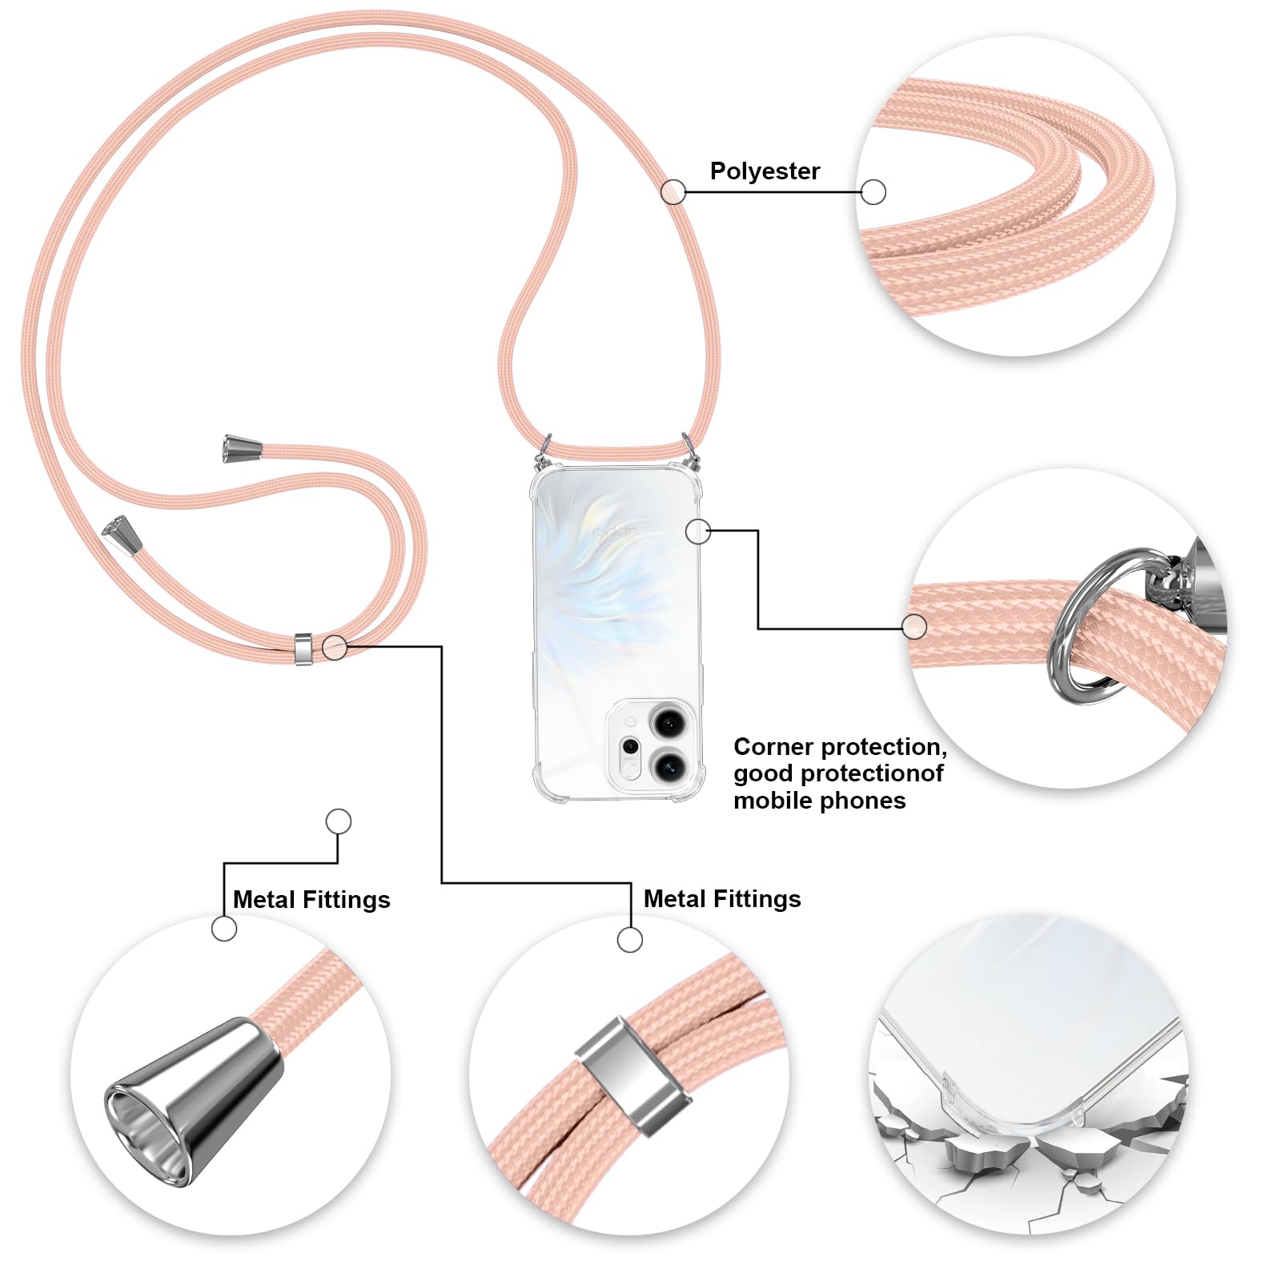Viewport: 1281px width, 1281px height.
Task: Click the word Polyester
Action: [765, 171]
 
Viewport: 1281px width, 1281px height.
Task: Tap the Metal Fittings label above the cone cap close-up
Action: [311, 900]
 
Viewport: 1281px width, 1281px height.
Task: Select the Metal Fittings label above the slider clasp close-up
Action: [722, 899]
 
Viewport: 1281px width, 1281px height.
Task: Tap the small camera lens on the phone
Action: [631, 747]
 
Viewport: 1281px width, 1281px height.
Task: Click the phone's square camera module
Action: [651, 744]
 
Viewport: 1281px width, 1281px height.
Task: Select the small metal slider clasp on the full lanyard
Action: [303, 649]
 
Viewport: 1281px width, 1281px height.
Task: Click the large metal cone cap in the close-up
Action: [194, 1100]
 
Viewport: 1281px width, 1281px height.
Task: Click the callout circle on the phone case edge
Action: [698, 531]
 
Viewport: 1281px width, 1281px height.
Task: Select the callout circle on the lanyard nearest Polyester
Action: [673, 191]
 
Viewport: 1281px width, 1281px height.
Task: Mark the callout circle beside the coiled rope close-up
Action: [873, 192]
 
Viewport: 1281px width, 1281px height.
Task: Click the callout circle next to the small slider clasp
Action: [335, 647]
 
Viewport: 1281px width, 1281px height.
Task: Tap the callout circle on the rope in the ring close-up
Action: [914, 627]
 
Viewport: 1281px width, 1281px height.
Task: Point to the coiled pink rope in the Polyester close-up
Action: [1009, 200]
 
